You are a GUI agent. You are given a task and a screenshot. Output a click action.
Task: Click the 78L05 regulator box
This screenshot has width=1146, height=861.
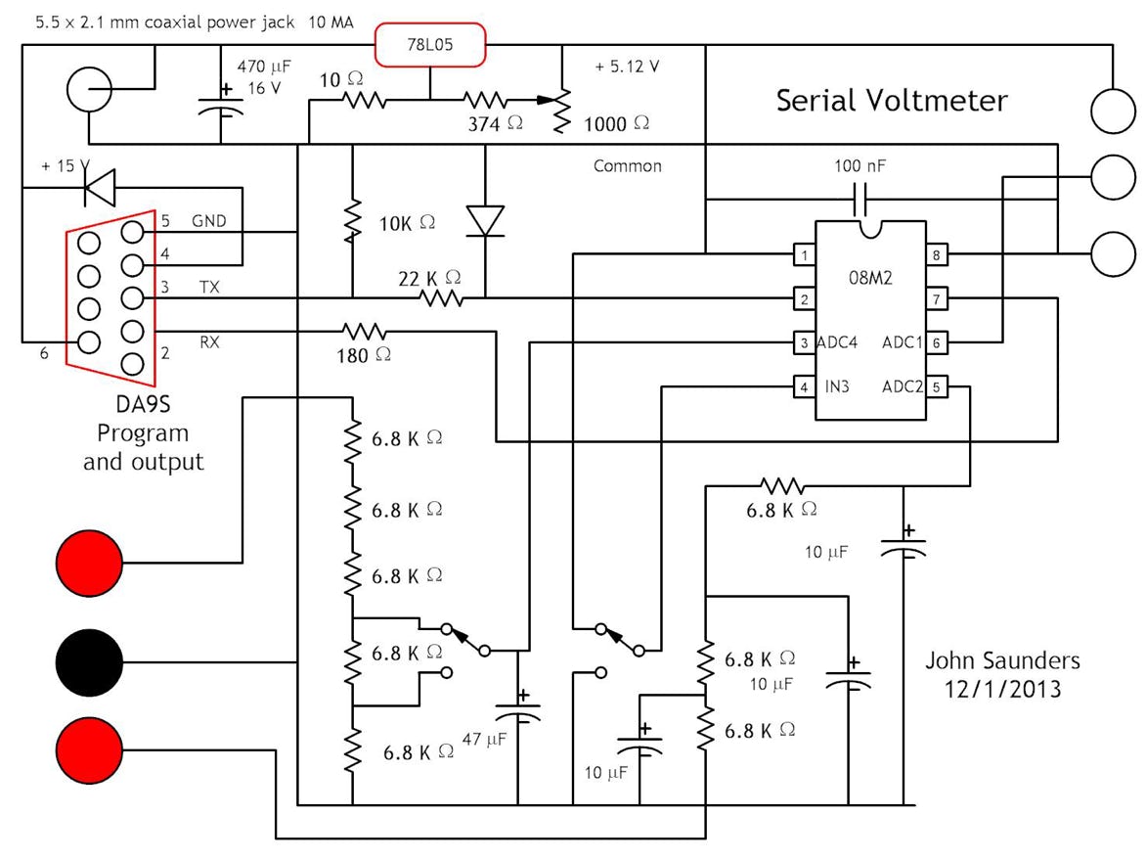tap(430, 45)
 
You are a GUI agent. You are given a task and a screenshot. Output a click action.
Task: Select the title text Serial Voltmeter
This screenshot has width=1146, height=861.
tap(891, 101)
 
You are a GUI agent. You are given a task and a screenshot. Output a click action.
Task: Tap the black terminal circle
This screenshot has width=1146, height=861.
tap(90, 663)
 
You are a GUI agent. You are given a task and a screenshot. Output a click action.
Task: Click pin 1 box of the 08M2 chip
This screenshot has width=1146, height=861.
tap(805, 255)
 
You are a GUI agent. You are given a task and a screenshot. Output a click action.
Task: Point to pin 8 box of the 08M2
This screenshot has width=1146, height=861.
tap(938, 255)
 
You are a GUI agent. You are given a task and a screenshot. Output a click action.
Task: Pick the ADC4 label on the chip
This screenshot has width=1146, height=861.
tap(837, 342)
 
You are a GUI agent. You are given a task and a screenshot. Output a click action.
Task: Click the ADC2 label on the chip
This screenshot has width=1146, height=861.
tap(902, 386)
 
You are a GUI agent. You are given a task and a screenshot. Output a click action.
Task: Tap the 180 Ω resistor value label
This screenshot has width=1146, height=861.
tap(364, 356)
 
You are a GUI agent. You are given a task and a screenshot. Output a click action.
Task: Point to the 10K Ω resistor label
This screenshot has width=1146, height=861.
tap(407, 224)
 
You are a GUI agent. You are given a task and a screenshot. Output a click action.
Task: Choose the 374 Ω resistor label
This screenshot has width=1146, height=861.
tap(495, 124)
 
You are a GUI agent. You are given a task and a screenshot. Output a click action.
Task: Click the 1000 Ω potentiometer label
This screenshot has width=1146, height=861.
tap(616, 124)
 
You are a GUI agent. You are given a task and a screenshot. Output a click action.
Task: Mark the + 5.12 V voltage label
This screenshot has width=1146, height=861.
tap(627, 67)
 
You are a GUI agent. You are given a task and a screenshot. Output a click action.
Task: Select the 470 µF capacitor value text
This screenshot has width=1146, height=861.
tap(264, 67)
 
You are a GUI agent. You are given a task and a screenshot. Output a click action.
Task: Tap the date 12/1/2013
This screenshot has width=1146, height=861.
tap(1002, 689)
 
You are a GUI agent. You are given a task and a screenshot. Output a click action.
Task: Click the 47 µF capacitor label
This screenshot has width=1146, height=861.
tap(484, 740)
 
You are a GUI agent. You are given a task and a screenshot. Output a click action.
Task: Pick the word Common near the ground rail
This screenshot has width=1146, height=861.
tap(628, 165)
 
